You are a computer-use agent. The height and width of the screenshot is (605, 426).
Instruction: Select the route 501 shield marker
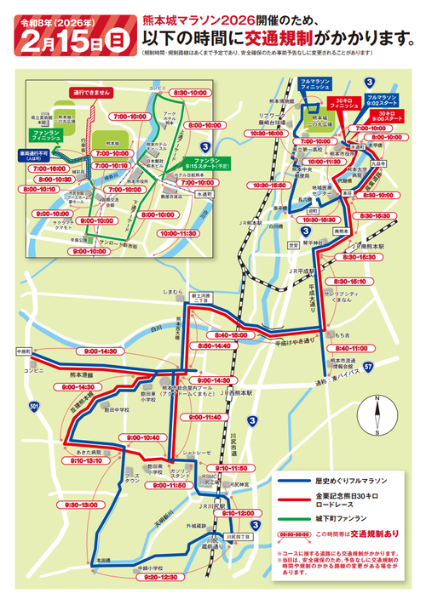pos(32,413)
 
